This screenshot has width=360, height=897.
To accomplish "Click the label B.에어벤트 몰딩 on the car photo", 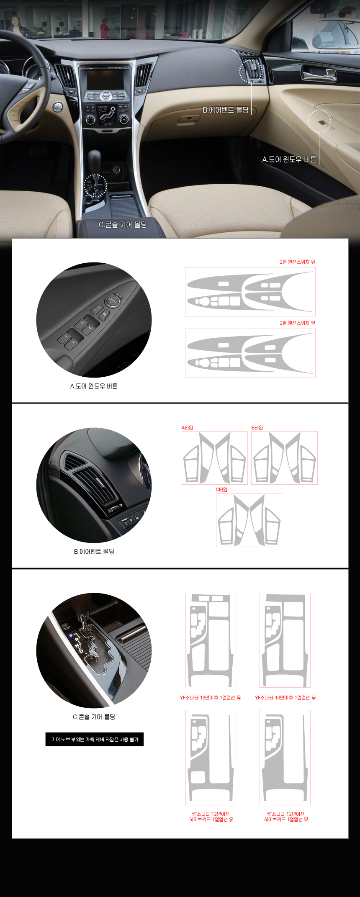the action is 226,110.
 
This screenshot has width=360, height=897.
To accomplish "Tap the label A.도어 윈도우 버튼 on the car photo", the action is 289,159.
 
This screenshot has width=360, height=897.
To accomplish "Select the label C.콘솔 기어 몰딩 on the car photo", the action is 123,225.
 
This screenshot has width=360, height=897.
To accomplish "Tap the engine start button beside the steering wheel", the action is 58,107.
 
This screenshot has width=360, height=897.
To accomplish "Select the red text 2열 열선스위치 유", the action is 298,262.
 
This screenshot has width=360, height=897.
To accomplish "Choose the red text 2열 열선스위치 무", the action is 298,323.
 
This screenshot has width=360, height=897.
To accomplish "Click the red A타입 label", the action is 187,427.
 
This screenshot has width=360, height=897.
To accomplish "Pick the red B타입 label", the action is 257,427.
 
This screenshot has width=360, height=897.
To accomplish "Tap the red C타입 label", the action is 221,489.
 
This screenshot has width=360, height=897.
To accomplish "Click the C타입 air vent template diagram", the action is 249,520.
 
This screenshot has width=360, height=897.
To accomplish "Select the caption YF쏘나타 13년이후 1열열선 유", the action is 211,697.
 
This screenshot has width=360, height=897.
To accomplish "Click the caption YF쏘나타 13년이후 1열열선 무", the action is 285,697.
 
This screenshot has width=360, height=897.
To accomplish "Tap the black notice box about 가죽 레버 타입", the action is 95,739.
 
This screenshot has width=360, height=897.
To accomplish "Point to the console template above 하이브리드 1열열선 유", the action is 211,758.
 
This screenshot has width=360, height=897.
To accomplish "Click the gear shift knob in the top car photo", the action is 94,159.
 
